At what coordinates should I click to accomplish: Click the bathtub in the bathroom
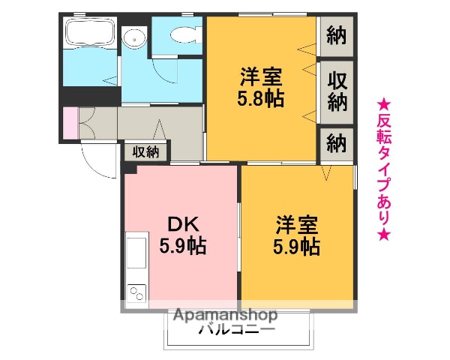coord(90,33)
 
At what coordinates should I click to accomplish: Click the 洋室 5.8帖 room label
coord(262,87)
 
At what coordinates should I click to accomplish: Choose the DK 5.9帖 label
coord(182,235)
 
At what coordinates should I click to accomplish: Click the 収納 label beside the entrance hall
coord(146,151)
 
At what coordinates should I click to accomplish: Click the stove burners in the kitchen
coord(136,291)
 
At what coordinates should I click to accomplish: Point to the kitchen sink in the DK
coord(136,254)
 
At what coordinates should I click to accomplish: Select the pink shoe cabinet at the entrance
coord(70,123)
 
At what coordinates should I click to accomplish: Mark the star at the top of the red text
coord(383,103)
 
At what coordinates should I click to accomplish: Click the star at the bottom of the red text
coord(383,235)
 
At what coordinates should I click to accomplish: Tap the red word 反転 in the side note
coord(383,129)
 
